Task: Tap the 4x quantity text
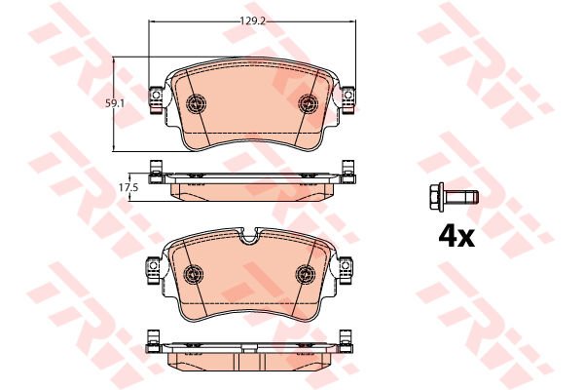(454, 235)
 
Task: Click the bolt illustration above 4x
(453, 198)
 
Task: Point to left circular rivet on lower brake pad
(194, 274)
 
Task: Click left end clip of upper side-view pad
(153, 171)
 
